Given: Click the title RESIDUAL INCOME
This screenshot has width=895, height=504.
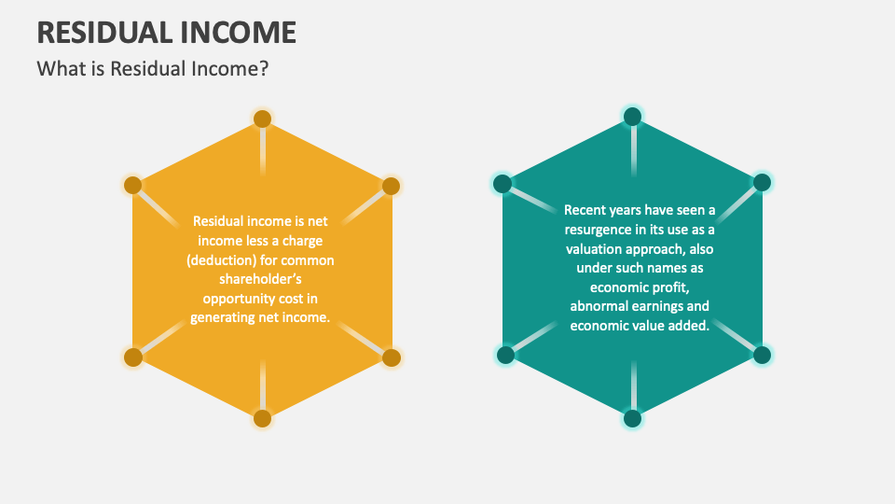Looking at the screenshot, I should [x=166, y=32].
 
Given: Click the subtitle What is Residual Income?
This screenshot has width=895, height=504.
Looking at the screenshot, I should [x=152, y=69].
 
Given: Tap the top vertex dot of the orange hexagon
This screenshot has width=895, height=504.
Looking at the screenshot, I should [x=262, y=119].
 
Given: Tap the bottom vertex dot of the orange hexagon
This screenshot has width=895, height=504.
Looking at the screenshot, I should [x=262, y=418].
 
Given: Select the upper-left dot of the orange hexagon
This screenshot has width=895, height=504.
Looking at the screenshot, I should [x=133, y=185].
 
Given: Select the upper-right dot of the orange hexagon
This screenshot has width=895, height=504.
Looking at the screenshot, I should [x=391, y=185].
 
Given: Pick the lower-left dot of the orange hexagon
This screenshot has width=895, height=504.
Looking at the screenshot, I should [x=133, y=357].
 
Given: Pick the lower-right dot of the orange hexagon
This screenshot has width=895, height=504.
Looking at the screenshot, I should [x=391, y=357].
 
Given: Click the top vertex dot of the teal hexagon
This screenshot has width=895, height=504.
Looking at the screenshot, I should [x=632, y=116].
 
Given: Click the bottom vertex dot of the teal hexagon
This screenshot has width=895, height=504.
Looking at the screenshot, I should [x=632, y=418].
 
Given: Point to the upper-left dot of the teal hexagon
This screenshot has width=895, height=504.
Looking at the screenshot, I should [x=503, y=184].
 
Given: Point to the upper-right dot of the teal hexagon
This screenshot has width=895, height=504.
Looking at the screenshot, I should [x=762, y=182].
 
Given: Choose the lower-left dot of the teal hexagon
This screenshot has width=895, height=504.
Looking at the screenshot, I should [x=505, y=355].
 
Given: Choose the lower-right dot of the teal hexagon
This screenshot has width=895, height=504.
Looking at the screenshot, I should [x=762, y=355].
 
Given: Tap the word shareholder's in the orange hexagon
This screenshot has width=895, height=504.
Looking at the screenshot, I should [x=261, y=279].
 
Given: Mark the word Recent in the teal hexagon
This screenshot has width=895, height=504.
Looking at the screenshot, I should [x=586, y=210].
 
